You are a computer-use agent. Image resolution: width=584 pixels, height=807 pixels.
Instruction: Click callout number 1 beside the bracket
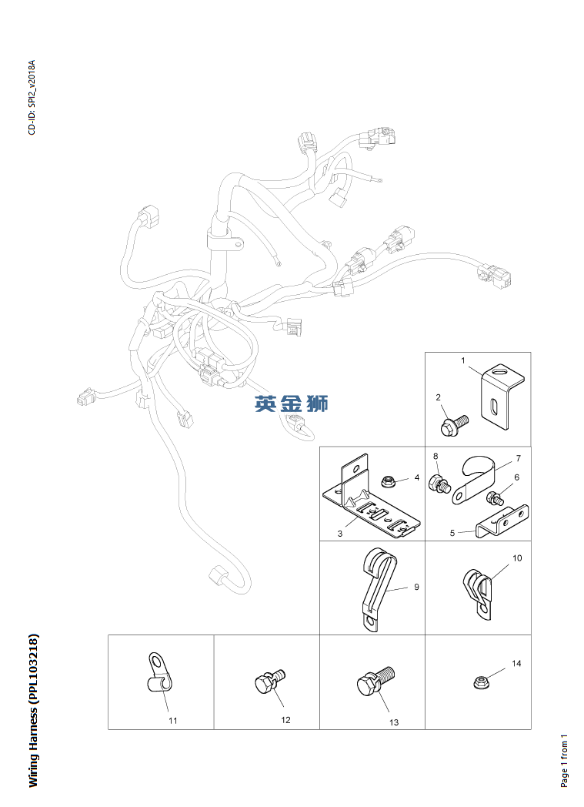(463, 360)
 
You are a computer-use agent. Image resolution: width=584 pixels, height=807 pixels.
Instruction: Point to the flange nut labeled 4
(389, 482)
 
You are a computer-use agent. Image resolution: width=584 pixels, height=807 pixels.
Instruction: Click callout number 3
(339, 533)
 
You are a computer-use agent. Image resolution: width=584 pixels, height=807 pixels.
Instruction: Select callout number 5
(453, 531)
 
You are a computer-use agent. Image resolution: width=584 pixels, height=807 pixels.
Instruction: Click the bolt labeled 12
(269, 681)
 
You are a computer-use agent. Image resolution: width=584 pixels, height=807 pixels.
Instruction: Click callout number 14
(516, 663)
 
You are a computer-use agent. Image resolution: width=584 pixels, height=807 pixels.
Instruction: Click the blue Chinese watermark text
(292, 403)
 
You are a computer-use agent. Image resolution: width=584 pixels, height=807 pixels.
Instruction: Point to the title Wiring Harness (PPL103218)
(33, 710)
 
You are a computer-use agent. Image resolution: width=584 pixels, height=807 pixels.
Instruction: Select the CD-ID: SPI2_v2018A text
(32, 97)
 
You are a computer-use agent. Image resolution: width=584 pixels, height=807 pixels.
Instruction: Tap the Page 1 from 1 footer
(565, 759)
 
